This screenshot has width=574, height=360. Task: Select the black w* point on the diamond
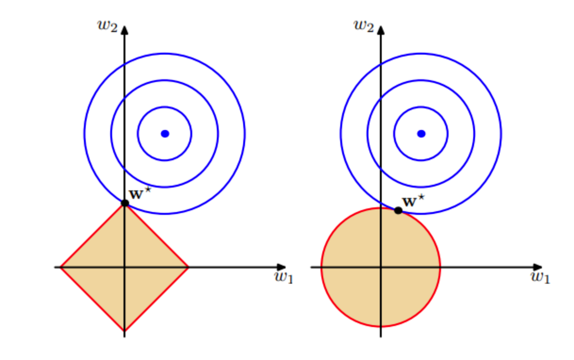point(125,203)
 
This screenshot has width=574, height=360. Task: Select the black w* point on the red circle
point(398,210)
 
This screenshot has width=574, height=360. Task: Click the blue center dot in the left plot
point(164,133)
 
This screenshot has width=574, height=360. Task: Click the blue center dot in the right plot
point(421,133)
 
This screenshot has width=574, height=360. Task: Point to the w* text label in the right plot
point(414,201)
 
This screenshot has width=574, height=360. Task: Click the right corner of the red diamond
point(189,267)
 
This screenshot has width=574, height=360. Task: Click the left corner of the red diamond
point(61,267)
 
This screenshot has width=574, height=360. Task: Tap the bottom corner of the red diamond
point(125,331)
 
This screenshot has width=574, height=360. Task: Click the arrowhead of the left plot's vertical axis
point(125,30)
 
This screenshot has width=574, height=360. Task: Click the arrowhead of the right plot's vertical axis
point(381,30)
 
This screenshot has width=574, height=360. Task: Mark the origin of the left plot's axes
point(125,267)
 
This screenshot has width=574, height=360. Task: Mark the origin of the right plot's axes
point(381,267)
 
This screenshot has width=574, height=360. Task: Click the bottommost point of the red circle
point(381,326)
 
